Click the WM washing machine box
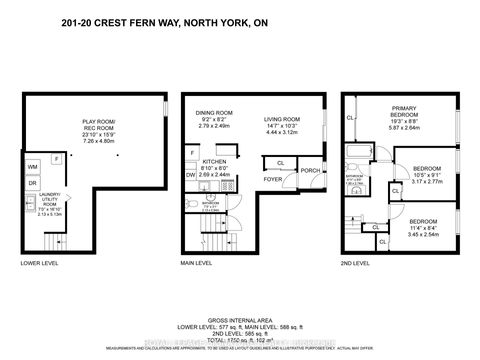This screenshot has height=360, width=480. click(33, 165)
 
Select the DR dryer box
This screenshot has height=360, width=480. click(33, 183)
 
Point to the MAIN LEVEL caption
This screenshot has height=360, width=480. click(197, 264)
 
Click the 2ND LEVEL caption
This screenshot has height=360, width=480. click(356, 264)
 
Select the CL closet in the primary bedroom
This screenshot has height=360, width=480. click(350, 117)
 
